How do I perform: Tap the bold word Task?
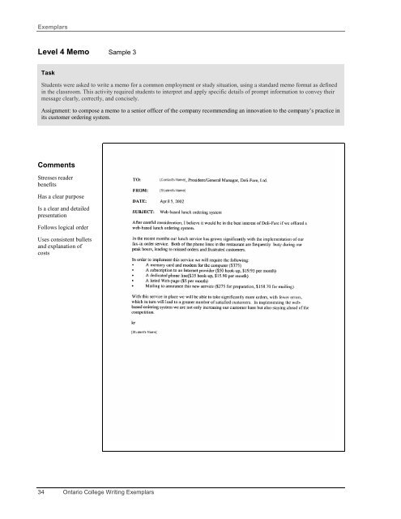pyautogui.click(x=41, y=72)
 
